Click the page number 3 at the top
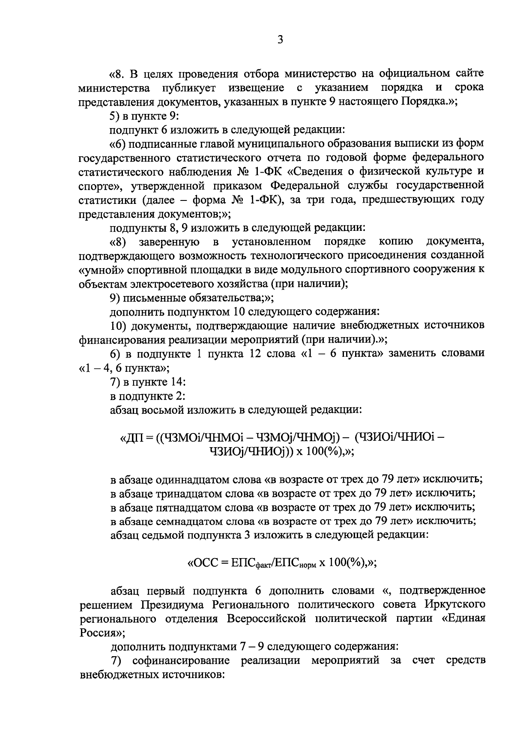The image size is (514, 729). click(x=280, y=40)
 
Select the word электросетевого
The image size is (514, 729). click(x=169, y=284)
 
